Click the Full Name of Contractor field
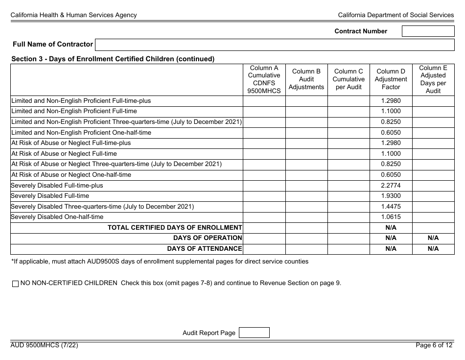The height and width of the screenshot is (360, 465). point(275,45)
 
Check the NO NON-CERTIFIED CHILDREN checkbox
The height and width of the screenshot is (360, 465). point(15,283)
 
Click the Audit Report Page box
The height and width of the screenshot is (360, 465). point(254,333)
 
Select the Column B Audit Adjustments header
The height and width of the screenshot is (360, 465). point(306,79)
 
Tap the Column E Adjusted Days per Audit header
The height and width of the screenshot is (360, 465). point(433,79)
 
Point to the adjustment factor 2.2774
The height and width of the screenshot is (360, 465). point(391,186)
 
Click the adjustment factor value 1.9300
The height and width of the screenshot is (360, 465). point(391,196)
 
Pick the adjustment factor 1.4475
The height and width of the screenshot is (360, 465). point(391,207)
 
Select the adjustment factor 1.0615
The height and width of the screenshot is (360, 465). point(391,217)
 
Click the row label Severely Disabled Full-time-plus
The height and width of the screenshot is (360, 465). point(57,186)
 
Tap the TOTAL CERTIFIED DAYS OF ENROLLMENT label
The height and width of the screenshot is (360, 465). point(175,227)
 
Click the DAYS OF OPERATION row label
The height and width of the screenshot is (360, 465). point(208,238)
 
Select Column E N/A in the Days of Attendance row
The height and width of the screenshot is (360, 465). point(433,249)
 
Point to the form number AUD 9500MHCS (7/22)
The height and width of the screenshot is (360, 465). point(44,345)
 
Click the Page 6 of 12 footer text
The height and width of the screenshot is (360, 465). point(434,345)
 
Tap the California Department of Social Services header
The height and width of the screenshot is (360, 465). point(396,15)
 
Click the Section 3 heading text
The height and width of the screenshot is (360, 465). point(113,59)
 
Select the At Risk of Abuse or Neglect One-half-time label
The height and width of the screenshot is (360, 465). point(71,175)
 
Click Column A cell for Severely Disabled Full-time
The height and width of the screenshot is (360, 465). point(264,196)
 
